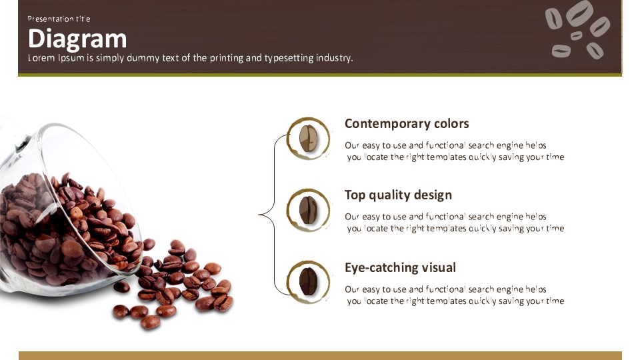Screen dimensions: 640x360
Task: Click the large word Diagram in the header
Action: [x=77, y=39]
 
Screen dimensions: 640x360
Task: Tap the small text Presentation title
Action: [x=59, y=19]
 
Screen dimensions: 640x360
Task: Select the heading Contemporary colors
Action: [x=407, y=124]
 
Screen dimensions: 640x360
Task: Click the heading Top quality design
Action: [x=398, y=195]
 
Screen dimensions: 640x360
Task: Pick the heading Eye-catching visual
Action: [x=400, y=268]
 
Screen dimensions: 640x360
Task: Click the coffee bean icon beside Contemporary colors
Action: [x=308, y=139]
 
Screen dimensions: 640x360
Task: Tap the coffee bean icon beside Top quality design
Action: [x=308, y=210]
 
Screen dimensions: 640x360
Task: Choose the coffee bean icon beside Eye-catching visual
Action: [x=308, y=281]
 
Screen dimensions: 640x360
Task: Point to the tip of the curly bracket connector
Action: [x=259, y=214]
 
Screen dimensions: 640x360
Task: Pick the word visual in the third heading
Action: [x=439, y=268]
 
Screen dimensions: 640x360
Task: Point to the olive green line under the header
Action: [x=320, y=75]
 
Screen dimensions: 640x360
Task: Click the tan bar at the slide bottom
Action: [x=320, y=355]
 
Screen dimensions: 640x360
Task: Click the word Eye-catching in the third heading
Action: [x=381, y=268]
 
